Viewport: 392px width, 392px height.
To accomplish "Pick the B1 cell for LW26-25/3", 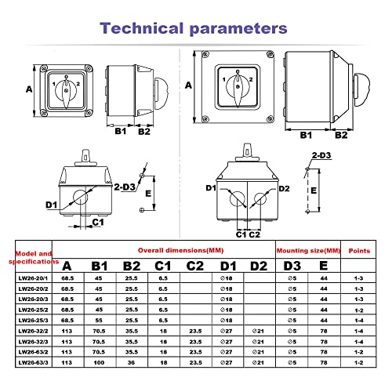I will coord(100,321).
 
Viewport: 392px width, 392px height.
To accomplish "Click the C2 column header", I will coord(195,265).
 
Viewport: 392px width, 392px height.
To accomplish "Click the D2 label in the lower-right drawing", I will coord(284,187).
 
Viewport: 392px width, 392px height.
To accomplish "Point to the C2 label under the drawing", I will coord(254,233).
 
